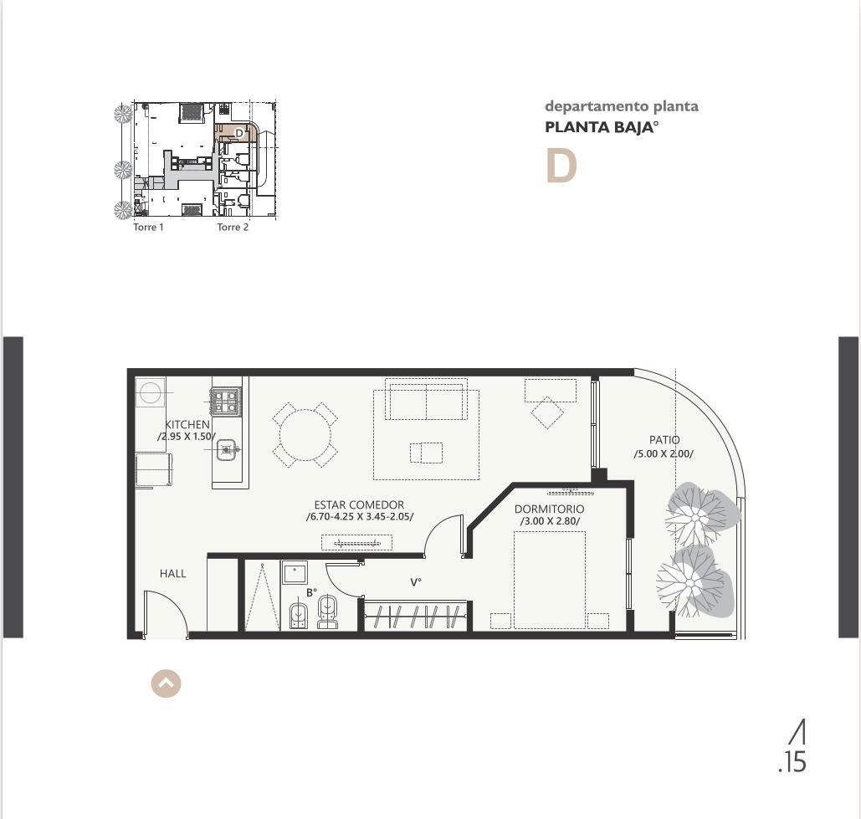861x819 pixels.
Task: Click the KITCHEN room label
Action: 187,424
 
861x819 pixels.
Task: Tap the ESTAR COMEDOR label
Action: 359,504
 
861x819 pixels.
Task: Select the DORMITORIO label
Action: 549,509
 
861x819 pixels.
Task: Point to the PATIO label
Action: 664,440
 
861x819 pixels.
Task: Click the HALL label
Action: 173,574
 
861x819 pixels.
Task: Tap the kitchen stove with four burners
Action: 225,401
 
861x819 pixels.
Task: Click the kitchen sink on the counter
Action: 226,450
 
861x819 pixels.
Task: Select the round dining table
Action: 305,435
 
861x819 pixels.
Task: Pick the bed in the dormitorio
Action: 550,580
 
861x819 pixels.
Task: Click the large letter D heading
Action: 561,166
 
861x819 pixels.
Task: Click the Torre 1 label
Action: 148,227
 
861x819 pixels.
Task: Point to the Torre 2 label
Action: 233,227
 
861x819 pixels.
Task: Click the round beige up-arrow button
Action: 166,683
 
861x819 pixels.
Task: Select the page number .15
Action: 792,763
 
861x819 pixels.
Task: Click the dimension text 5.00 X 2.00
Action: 664,454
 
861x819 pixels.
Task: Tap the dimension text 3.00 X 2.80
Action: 550,521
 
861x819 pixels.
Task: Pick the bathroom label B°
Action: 312,593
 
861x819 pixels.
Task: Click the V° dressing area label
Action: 416,582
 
